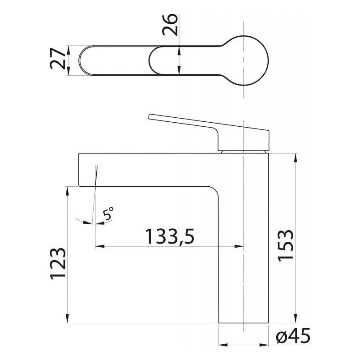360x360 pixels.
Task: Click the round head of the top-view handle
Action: (249, 60)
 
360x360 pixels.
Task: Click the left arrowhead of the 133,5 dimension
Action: (97, 246)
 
